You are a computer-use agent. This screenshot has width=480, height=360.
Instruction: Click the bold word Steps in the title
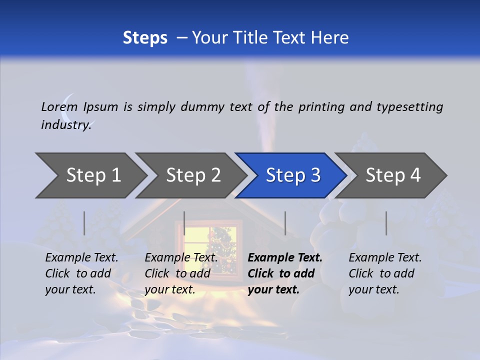(145, 38)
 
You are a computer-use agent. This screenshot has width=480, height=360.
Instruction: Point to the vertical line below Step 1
(84, 223)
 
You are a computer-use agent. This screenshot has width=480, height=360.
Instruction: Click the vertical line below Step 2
(184, 223)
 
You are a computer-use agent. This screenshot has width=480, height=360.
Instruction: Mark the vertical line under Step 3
(285, 223)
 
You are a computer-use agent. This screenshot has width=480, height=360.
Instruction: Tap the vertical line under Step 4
(386, 223)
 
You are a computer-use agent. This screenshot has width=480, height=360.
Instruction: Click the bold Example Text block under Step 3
(285, 273)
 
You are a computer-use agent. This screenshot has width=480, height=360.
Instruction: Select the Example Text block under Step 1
(81, 273)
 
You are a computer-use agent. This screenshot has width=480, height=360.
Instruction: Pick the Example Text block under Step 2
(181, 273)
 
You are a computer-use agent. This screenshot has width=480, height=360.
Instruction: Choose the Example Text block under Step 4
(385, 273)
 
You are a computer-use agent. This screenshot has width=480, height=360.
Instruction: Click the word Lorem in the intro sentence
(59, 106)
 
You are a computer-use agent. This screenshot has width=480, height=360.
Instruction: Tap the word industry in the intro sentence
(65, 124)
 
